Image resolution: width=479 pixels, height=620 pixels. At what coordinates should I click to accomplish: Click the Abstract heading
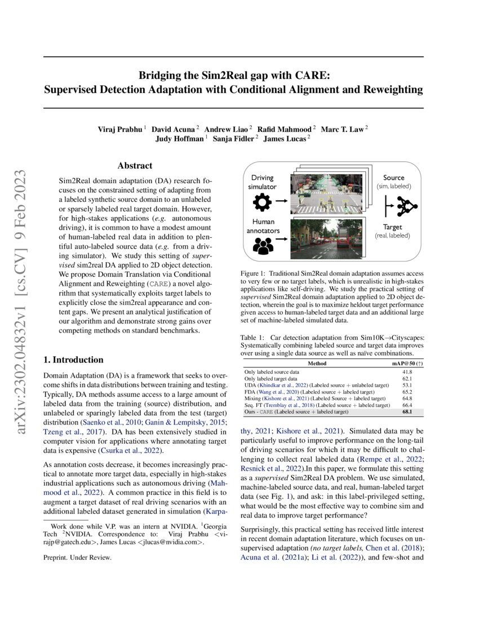[x=135, y=166]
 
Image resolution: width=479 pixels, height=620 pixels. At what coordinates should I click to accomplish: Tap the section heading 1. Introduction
[x=73, y=360]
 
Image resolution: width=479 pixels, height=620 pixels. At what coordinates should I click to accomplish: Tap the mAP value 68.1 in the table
[x=406, y=413]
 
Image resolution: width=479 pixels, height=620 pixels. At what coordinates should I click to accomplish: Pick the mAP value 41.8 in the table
[x=406, y=373]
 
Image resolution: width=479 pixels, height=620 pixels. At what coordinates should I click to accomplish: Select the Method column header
[x=317, y=364]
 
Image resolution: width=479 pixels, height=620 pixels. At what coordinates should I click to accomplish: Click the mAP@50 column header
[x=407, y=364]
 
